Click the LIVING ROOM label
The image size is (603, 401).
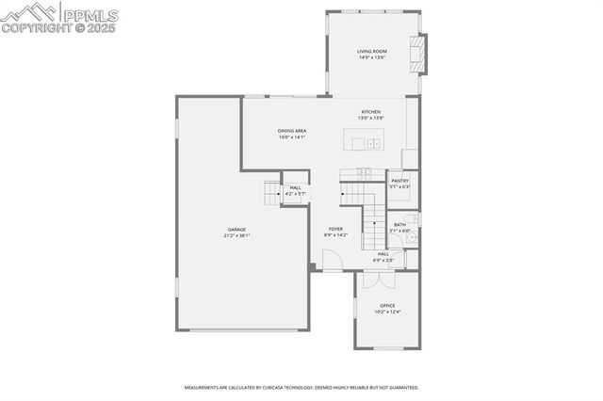coord(372,51)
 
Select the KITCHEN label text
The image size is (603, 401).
coord(370,112)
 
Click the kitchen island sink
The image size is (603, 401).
coord(373,143)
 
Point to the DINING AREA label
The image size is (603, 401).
coord(292,131)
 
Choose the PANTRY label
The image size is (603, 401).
coord(400,180)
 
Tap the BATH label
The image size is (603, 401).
coord(400,224)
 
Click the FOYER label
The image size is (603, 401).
coord(335,229)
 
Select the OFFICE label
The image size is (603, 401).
coord(387,305)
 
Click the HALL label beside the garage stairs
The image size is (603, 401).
coord(296,187)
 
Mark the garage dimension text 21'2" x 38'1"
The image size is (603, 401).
coord(236,235)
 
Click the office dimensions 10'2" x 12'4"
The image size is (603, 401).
coord(387,312)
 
